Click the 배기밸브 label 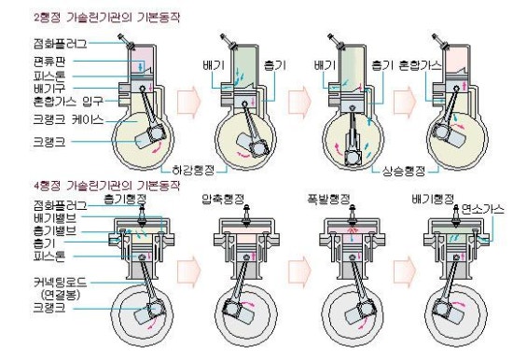(x=34, y=216)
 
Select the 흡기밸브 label (x=34, y=229)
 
